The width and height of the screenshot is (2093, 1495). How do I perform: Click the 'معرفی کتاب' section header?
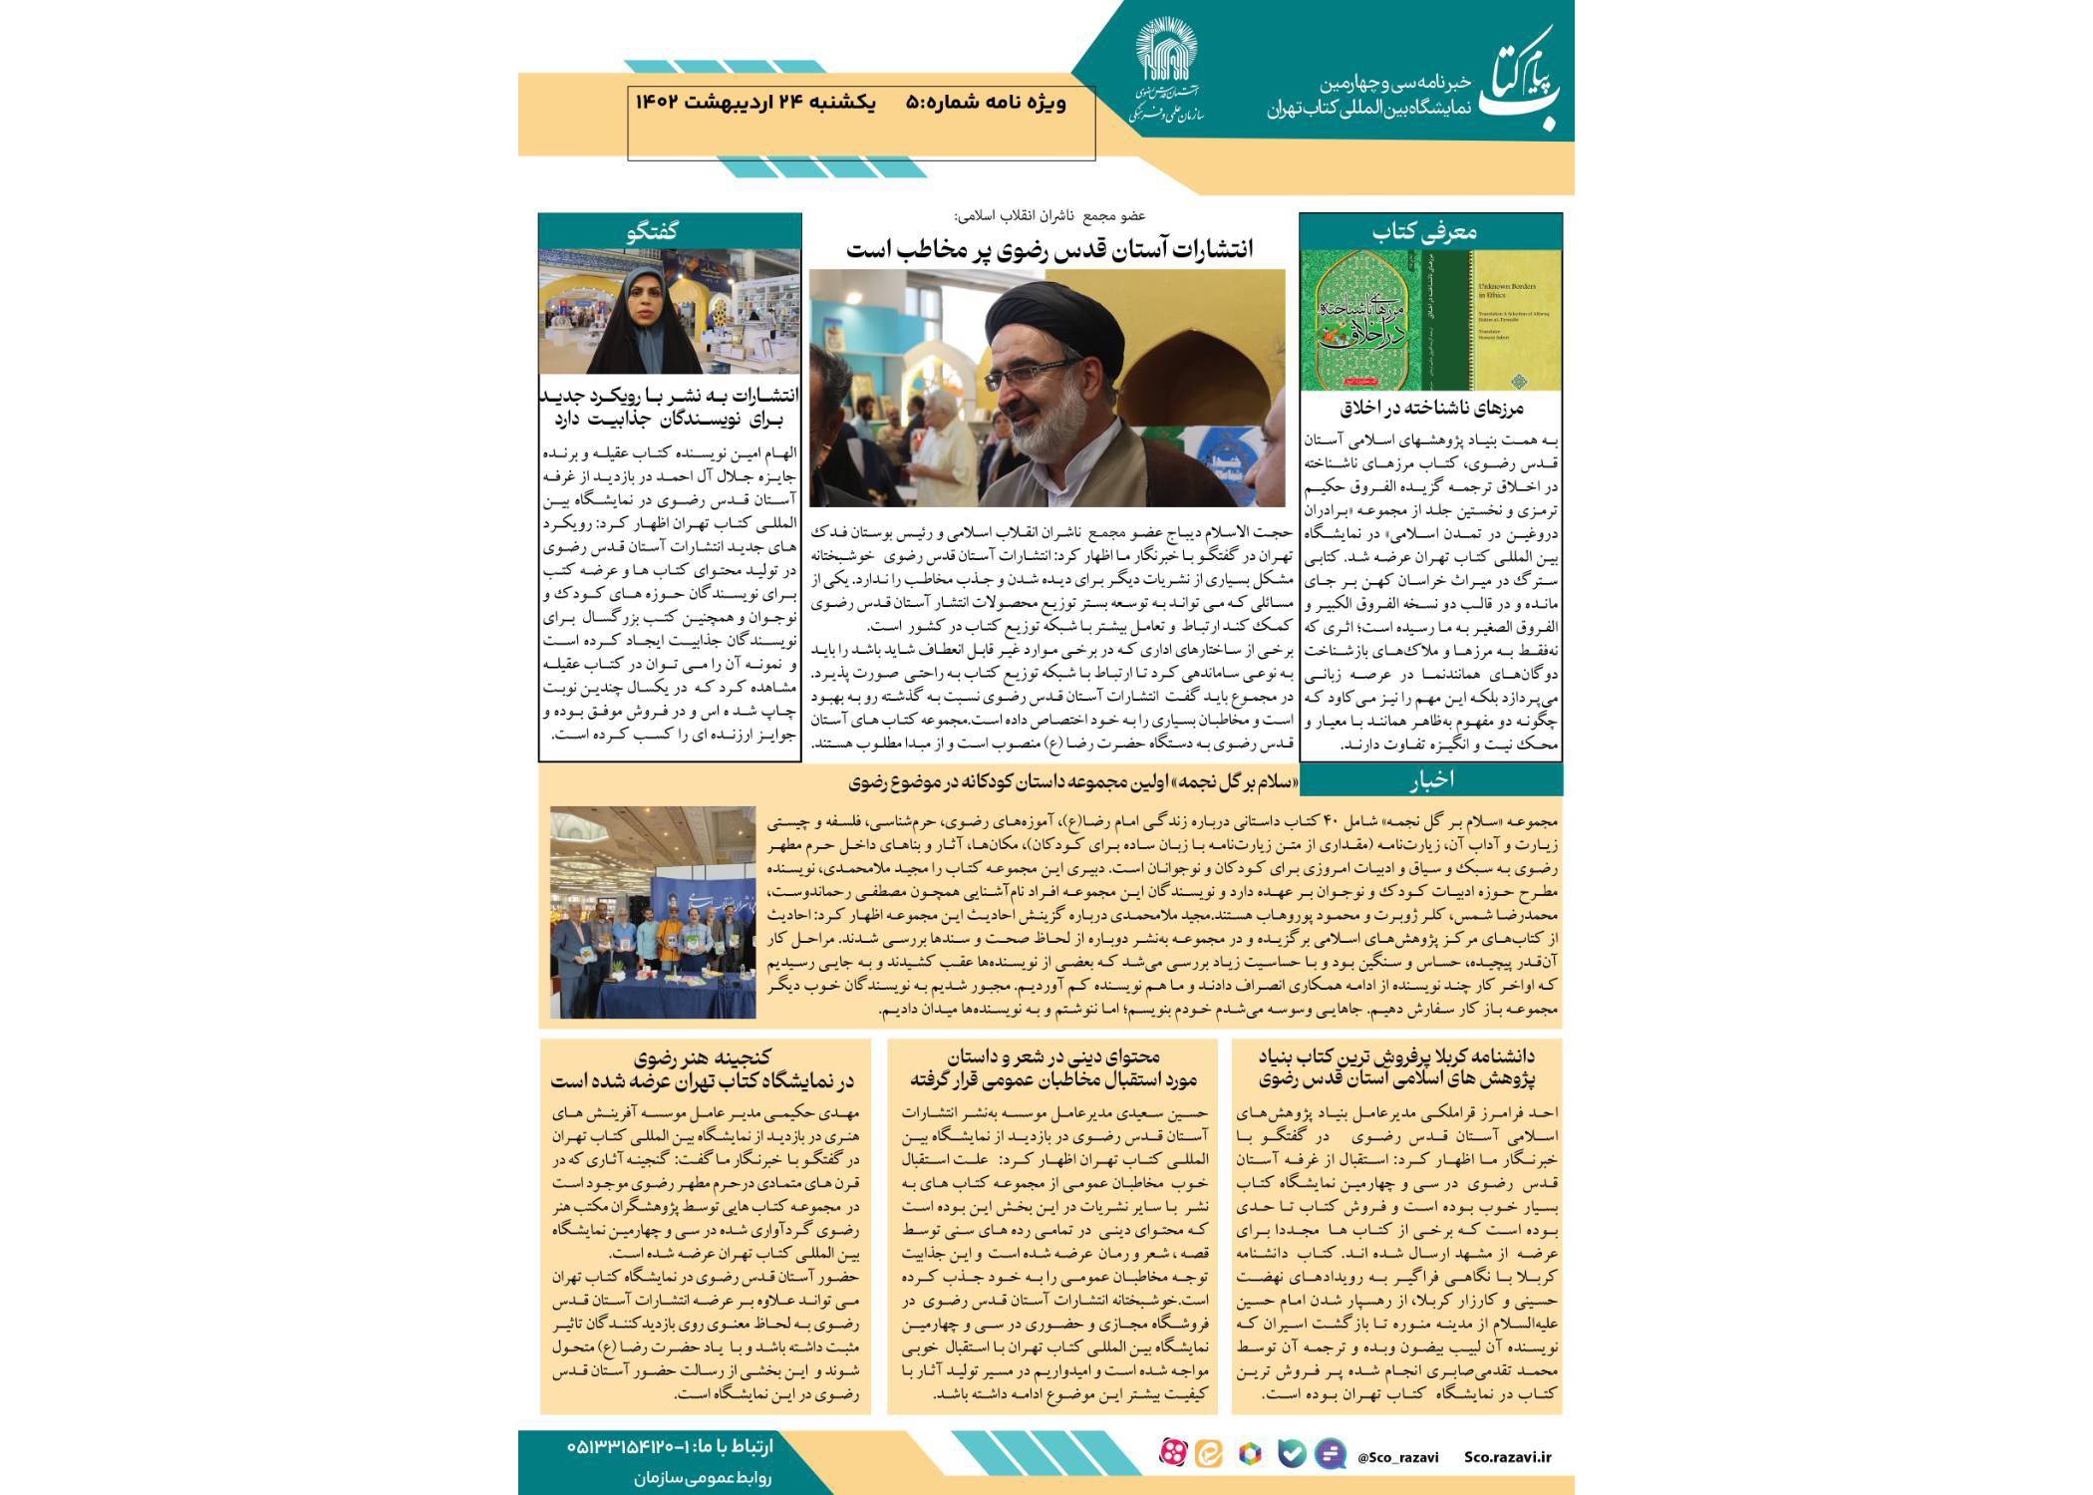pos(1430,232)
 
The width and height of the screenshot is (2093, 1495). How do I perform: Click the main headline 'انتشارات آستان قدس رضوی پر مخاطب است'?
pos(1048,250)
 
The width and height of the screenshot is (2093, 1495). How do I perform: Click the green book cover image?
pos(1431,320)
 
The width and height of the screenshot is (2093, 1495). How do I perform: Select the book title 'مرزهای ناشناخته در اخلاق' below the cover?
pos(1431,409)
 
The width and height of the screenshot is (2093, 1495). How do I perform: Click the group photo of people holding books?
pos(653,912)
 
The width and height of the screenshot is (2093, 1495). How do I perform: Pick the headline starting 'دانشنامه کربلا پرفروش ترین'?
pos(1396,1066)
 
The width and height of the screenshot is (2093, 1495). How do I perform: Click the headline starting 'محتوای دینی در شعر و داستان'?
pos(1051,1066)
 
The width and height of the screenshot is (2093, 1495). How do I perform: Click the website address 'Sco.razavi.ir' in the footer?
pos(1508,1457)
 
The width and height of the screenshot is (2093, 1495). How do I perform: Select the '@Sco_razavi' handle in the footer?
pos(1397,1457)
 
